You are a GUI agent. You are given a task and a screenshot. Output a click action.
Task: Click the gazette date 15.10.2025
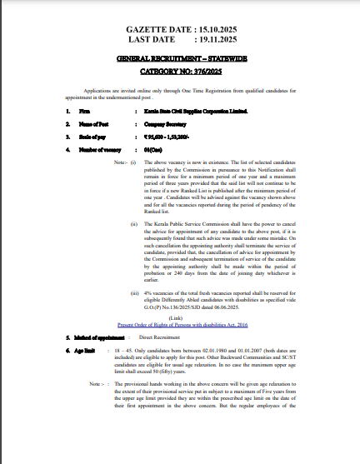pyautogui.click(x=208, y=28)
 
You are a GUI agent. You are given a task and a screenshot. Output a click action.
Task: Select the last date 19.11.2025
pyautogui.click(x=209, y=38)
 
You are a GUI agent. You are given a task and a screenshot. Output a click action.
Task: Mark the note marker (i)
pyautogui.click(x=133, y=162)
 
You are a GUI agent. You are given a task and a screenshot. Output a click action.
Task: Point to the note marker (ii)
pyautogui.click(x=134, y=225)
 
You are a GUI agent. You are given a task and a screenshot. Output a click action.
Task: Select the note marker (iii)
pyautogui.click(x=134, y=293)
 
